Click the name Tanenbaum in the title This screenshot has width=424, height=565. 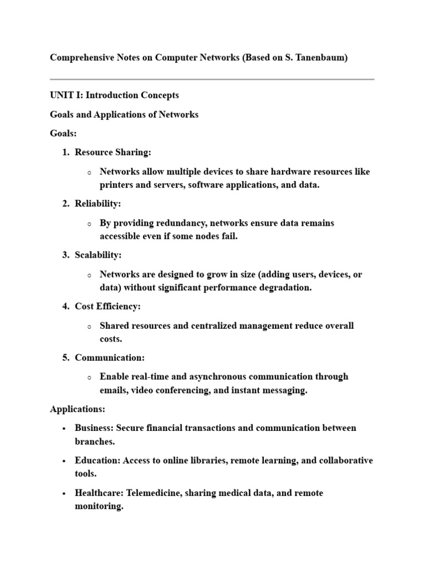click(x=322, y=57)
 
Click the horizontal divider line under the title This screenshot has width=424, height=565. click(x=212, y=79)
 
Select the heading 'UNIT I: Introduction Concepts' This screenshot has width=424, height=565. click(x=114, y=95)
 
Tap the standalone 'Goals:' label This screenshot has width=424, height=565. click(x=63, y=133)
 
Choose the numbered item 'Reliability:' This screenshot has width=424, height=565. click(x=98, y=204)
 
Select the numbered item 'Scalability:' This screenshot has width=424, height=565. click(x=98, y=255)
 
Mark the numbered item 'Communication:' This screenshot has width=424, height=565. click(x=109, y=358)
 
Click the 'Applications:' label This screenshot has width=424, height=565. click(x=77, y=409)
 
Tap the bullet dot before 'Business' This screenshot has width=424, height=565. click(x=64, y=429)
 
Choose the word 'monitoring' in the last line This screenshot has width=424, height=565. click(x=98, y=506)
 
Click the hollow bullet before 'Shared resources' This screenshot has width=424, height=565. click(x=89, y=327)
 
